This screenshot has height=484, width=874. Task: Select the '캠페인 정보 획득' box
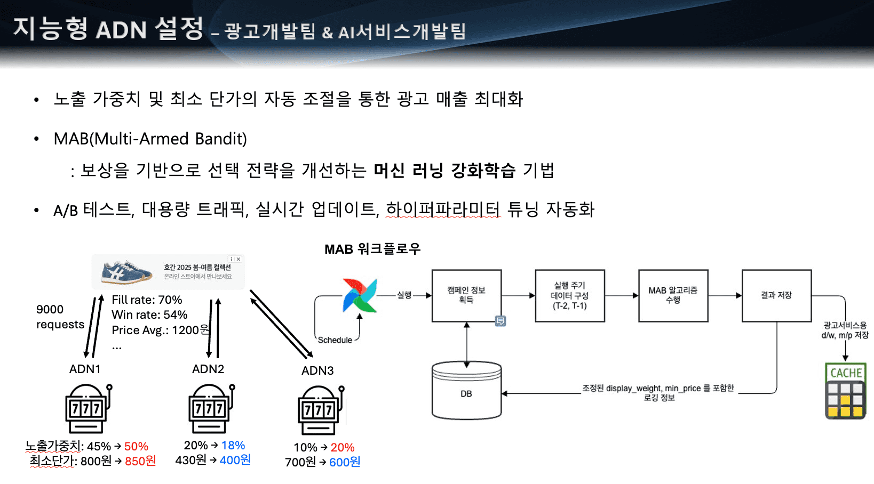466,295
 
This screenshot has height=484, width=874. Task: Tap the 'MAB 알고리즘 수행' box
673,295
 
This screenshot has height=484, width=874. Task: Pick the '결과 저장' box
776,295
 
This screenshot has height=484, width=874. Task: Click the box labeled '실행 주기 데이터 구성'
569,295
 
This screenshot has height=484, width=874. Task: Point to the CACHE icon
845,391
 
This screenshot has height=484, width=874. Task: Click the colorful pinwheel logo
360,295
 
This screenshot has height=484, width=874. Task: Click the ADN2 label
208,369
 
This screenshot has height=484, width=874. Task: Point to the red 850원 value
140,461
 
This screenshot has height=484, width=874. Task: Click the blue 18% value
233,446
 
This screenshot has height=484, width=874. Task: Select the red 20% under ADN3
343,448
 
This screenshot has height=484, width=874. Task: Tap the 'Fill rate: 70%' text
147,300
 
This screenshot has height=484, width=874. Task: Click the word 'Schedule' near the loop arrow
335,340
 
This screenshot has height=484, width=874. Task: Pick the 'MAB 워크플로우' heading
372,249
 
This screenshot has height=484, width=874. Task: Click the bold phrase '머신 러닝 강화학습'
444,171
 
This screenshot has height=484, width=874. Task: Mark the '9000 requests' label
60,317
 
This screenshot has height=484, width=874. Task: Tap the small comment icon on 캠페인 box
500,321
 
